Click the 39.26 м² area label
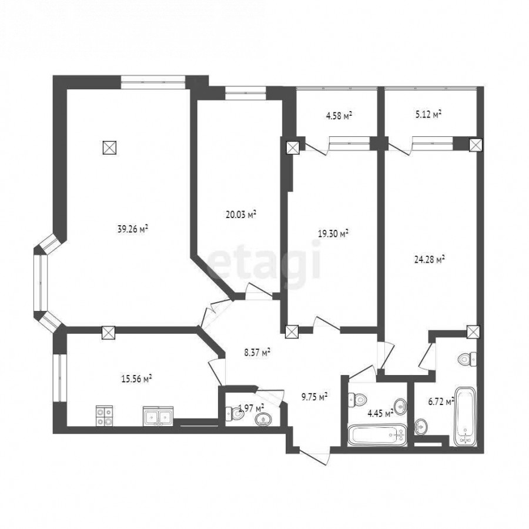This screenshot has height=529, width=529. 133,229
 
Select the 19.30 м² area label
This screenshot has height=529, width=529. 333,233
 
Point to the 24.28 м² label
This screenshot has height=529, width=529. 429,259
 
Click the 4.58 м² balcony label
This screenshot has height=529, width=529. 339,116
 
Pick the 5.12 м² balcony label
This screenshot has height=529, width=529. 428,115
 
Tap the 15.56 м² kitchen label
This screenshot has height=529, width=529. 136,379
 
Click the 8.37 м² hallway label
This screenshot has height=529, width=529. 257,353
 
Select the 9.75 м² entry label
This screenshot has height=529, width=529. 314,397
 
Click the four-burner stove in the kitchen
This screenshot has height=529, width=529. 104,416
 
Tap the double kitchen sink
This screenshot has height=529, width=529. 158,416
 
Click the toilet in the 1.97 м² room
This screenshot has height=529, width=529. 235,414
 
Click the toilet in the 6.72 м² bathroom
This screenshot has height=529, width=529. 468,359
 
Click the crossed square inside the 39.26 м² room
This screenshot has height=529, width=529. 109,148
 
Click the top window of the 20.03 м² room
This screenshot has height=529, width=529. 246,93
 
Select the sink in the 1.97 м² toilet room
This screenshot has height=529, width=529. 263,419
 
